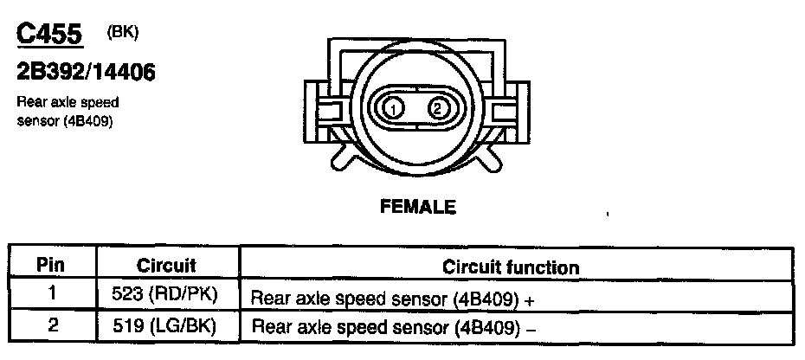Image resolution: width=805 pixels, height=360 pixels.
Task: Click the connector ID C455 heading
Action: tap(50, 35)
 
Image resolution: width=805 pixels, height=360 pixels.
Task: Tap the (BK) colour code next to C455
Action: tap(121, 32)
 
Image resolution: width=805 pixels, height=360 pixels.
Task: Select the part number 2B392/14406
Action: tap(86, 73)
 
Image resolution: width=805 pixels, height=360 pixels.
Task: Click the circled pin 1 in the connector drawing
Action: tap(393, 109)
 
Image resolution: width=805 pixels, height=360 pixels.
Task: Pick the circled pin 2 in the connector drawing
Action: tap(438, 109)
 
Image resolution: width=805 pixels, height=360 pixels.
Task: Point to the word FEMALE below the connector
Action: tap(417, 208)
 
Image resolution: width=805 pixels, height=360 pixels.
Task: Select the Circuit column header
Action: tap(166, 265)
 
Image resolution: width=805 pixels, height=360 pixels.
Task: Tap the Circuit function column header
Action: tap(511, 267)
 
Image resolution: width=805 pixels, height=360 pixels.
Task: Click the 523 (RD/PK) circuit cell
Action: tap(166, 294)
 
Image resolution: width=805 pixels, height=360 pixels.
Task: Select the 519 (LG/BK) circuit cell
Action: tap(166, 327)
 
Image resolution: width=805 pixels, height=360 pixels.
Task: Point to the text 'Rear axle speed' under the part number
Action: tap(68, 103)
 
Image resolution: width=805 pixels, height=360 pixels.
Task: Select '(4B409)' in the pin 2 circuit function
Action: tap(485, 329)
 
